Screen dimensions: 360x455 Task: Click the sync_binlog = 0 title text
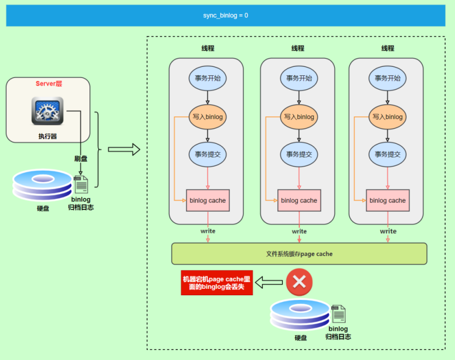[x=226, y=15]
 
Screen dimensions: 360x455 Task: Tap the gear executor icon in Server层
[x=47, y=111]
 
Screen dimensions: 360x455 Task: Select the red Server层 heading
[x=48, y=84]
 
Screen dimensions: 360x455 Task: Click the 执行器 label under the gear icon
[x=47, y=136]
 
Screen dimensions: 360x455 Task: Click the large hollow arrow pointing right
[x=124, y=149]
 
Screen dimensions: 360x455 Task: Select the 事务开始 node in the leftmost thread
[x=207, y=78]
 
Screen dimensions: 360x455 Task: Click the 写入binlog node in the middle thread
[x=299, y=117]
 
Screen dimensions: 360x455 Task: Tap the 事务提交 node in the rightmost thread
[x=388, y=154]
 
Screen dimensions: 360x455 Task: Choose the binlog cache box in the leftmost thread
[x=208, y=201]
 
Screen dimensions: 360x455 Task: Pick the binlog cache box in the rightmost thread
[x=388, y=201]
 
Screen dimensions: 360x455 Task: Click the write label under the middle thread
[x=299, y=231]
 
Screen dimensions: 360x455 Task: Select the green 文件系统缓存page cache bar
[x=299, y=254]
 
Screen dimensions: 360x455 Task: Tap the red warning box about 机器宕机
[x=217, y=283]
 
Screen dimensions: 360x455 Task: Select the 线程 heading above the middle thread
[x=298, y=48]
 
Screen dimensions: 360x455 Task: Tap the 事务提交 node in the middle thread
[x=299, y=154]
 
